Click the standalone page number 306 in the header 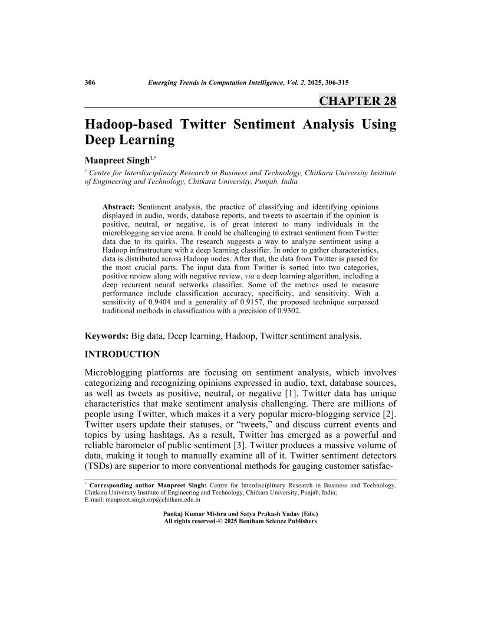click(x=91, y=83)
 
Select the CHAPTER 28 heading click(x=358, y=101)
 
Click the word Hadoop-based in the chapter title click(x=129, y=124)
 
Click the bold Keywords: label click(x=107, y=336)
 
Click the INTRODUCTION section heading click(x=123, y=355)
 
